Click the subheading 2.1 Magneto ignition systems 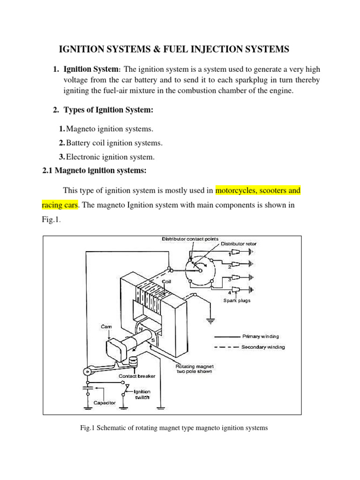pos(94,171)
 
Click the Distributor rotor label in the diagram pos(239,244)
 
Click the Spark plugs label pos(236,300)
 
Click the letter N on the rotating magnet pos(140,330)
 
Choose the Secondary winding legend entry pos(263,347)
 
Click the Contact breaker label pos(137,376)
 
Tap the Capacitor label pos(104,403)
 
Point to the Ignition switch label pos(142,394)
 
